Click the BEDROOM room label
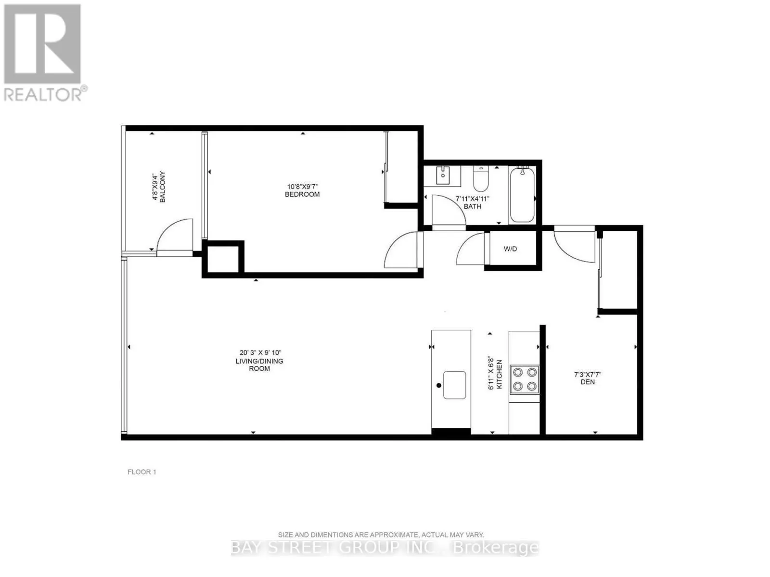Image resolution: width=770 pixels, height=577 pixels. pos(302,194)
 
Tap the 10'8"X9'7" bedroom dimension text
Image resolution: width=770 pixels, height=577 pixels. pos(302,187)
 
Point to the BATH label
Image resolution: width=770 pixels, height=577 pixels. pos(472,206)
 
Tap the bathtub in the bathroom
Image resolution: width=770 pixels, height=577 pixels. pos(522,194)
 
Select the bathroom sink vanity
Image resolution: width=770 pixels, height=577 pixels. pos(442,176)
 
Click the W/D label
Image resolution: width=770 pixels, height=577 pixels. pos(510,249)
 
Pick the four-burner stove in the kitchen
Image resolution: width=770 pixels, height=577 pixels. pos(525,379)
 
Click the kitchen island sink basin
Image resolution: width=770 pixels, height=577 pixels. pos(454,385)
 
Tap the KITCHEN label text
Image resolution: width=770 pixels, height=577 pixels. pos(499,374)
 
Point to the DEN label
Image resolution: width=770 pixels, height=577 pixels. pos(588,382)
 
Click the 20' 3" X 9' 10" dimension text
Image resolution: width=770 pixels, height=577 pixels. pos(260,352)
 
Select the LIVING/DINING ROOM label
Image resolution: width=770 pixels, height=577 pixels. pos(259,364)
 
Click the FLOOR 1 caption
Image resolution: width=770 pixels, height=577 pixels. pos(141,472)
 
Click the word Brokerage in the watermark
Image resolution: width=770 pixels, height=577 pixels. pos(496,547)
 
